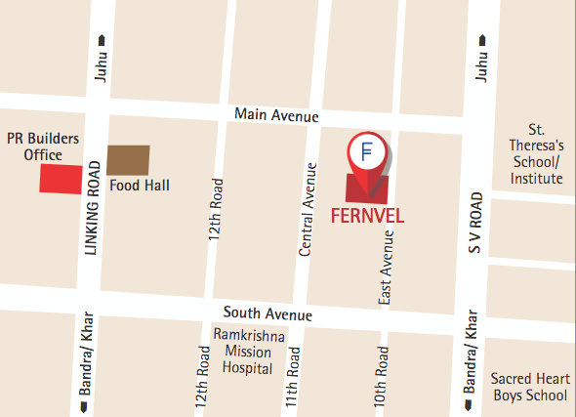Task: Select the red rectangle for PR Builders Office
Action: (60, 180)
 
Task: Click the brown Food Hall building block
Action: (128, 159)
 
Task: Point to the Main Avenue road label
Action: (276, 116)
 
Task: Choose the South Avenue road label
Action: (267, 314)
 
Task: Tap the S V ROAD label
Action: (475, 224)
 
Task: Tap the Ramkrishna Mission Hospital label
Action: (249, 352)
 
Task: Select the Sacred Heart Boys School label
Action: (528, 387)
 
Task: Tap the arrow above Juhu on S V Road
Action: (481, 40)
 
